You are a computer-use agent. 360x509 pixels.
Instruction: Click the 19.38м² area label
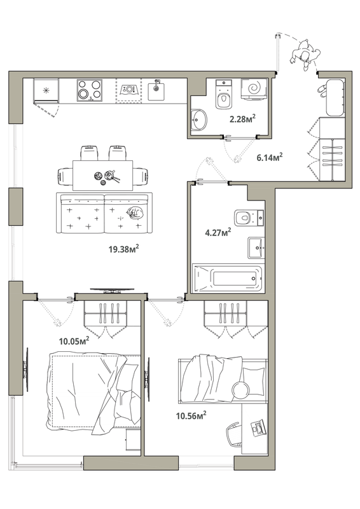tap(124, 249)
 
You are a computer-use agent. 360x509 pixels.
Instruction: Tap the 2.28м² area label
tap(242, 118)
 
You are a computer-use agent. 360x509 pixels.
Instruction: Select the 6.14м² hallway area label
tap(270, 157)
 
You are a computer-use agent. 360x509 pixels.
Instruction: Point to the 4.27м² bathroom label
tap(218, 232)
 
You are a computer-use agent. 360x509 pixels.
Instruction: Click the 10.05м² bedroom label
tap(74, 341)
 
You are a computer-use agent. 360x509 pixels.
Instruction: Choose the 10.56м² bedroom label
tap(191, 415)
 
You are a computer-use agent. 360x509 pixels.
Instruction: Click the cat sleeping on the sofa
tap(135, 213)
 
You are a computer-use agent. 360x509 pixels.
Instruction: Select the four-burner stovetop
tap(90, 90)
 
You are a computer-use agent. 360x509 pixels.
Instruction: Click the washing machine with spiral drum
tap(254, 87)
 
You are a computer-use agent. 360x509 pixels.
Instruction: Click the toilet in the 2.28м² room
tap(224, 94)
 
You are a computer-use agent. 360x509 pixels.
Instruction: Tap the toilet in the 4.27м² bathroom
tap(249, 218)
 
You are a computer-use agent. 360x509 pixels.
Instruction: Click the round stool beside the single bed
tap(240, 389)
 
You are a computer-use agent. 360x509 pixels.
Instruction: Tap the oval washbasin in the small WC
tap(198, 120)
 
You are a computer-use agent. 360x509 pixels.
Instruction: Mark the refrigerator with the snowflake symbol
tap(46, 90)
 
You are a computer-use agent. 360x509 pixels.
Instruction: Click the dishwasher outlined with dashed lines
tap(129, 90)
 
